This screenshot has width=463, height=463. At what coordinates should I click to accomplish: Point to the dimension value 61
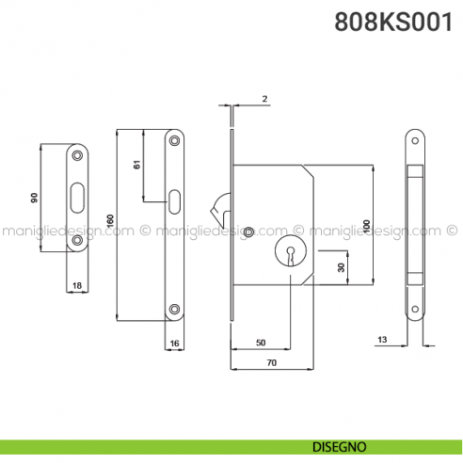pyautogui.click(x=136, y=165)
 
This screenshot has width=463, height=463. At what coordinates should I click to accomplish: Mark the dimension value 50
pyautogui.click(x=261, y=342)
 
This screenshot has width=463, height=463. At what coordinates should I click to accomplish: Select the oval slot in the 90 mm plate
pyautogui.click(x=76, y=198)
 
